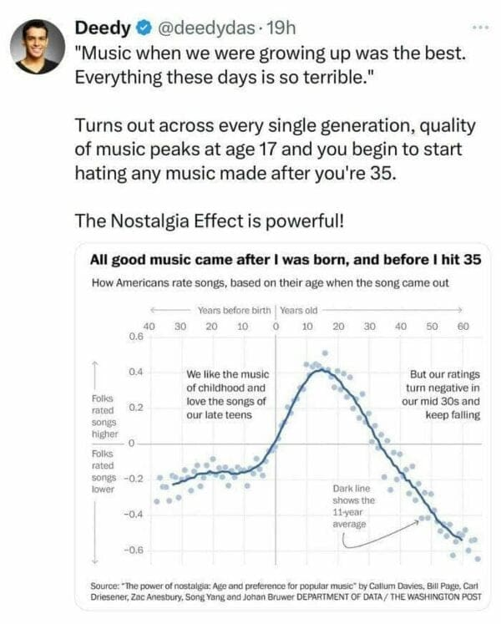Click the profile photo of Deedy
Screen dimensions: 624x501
tap(37, 47)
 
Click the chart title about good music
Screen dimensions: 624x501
tap(285, 260)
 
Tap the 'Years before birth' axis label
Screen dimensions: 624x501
tap(235, 310)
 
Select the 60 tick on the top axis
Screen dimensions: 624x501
tap(463, 326)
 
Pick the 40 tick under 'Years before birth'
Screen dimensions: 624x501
tap(149, 326)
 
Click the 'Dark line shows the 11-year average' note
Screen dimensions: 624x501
tap(353, 505)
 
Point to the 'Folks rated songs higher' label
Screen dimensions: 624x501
tap(106, 416)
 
